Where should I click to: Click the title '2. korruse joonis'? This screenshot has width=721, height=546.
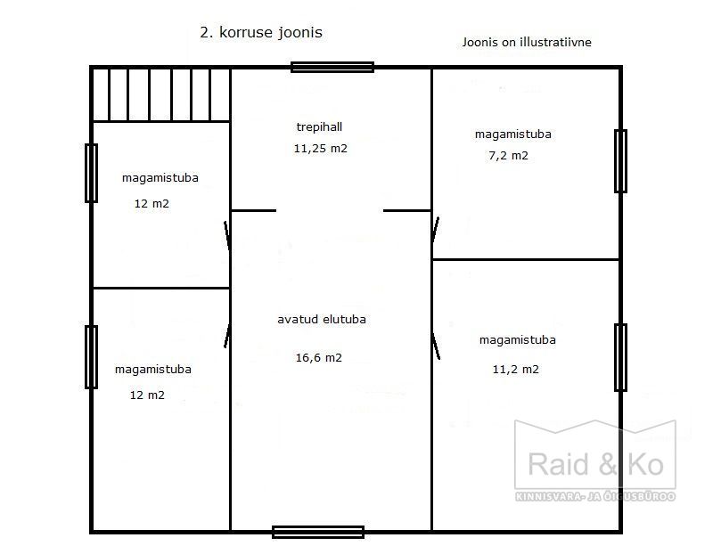[x=261, y=33]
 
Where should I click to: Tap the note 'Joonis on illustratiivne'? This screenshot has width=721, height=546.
[x=527, y=42]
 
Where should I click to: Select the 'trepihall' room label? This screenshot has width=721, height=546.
[x=319, y=126]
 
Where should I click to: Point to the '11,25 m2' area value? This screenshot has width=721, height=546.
[x=321, y=149]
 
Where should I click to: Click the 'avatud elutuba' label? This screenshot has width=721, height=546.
[x=322, y=319]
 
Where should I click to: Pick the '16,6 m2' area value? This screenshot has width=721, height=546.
[x=319, y=357]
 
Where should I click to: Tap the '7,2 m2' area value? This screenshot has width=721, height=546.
[x=508, y=155]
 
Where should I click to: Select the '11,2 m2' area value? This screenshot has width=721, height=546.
[x=515, y=369]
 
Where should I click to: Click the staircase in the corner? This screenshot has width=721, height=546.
[x=161, y=94]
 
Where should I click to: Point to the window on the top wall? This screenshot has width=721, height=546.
[x=332, y=67]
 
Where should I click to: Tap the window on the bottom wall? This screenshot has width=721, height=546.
[x=318, y=533]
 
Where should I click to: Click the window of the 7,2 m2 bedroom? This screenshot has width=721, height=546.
[x=621, y=161]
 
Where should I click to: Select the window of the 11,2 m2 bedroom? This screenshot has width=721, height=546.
[x=621, y=357]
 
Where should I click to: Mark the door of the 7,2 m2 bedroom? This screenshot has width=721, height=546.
[x=435, y=230]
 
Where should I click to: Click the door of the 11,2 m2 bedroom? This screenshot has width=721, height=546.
[x=436, y=346]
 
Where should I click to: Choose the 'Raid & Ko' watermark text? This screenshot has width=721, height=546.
[x=595, y=464]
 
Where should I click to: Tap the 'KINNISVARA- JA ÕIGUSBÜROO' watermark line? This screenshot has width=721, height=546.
[x=595, y=496]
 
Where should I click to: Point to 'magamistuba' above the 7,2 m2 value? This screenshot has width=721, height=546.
[x=513, y=134]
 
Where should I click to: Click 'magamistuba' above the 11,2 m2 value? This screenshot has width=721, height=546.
[x=517, y=340]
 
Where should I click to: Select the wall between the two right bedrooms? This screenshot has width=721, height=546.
[x=526, y=260]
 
